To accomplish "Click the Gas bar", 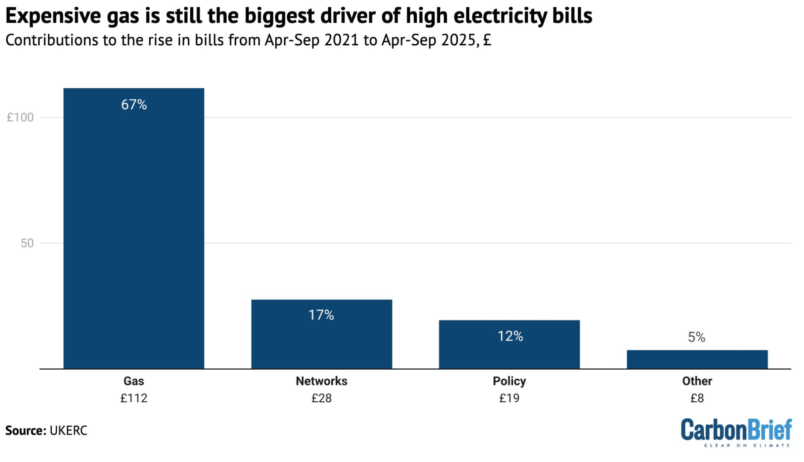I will [x=134, y=231].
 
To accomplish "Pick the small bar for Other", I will [x=697, y=360].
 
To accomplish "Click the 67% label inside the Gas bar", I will [x=134, y=105].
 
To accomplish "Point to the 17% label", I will [x=321, y=315].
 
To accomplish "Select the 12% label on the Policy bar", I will [x=510, y=336].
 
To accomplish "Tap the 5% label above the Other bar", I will [x=696, y=338].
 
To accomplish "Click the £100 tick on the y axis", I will [x=20, y=117].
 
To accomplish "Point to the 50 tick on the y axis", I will [x=27, y=243].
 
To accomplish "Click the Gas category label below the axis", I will [x=134, y=381].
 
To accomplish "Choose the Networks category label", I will [x=321, y=381].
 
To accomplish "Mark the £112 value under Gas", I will [x=134, y=398].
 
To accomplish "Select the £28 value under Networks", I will [x=321, y=398].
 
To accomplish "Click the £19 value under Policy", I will [x=509, y=398].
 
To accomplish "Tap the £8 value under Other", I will [x=697, y=398].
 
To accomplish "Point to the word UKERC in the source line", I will [x=68, y=430].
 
